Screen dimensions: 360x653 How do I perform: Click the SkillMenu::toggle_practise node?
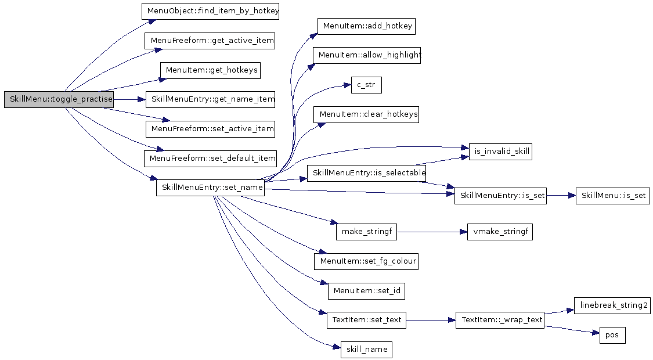click(59, 99)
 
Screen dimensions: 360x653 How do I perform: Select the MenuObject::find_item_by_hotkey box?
click(211, 11)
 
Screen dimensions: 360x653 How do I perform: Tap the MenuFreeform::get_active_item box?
click(210, 41)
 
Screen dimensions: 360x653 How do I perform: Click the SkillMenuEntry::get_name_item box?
click(210, 99)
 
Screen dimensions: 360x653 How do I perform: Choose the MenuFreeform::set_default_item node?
click(210, 158)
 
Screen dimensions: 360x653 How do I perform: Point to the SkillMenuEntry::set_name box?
click(210, 188)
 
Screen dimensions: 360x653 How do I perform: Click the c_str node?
click(366, 85)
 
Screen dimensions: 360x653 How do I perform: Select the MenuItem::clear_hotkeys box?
click(366, 114)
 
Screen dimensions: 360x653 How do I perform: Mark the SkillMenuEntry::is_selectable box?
click(366, 173)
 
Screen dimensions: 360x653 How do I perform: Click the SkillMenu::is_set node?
click(612, 196)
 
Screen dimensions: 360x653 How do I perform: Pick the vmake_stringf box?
click(500, 232)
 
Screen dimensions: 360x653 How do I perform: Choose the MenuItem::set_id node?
click(366, 290)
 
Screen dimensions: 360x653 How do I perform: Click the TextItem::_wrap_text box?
click(500, 320)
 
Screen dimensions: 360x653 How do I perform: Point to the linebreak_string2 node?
click(612, 305)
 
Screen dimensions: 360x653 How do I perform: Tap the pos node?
click(612, 335)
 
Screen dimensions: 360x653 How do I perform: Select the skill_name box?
click(366, 350)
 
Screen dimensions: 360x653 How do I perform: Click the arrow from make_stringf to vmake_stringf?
click(432, 232)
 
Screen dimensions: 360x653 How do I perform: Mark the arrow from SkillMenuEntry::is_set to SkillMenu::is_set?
click(560, 196)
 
